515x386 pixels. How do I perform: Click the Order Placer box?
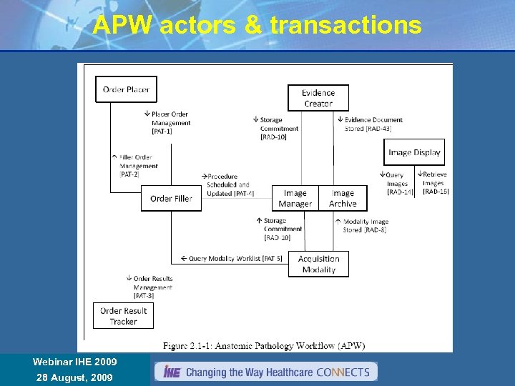click(126, 89)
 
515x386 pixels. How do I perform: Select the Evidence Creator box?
click(318, 98)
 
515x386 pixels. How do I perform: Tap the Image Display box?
click(414, 152)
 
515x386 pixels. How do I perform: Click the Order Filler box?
click(171, 198)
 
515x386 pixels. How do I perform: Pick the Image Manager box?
click(295, 198)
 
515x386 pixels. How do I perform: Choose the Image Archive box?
click(343, 198)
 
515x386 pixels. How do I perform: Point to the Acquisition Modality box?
click(318, 264)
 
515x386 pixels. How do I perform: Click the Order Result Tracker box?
click(123, 316)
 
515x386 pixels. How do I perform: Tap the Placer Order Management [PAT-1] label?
click(170, 122)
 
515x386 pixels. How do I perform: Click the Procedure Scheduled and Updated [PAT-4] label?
click(228, 184)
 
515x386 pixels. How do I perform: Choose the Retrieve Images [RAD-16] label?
click(434, 183)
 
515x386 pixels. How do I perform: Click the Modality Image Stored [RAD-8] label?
click(363, 226)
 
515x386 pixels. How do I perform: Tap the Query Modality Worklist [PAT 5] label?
click(231, 258)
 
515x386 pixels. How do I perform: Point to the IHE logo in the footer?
click(172, 372)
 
